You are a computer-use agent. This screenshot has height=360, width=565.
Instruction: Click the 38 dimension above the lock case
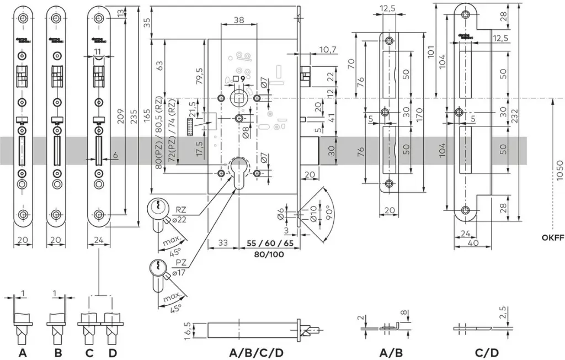coord(239,19)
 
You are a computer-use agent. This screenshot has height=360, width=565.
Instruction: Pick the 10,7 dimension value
coord(328,50)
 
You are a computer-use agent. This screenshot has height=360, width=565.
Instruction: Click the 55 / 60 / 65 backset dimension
coord(270,243)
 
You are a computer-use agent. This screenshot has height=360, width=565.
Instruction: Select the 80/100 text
coord(270,255)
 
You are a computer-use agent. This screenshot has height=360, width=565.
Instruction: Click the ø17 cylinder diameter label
coord(179,273)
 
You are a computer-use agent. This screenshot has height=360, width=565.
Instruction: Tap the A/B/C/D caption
coord(257,352)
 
